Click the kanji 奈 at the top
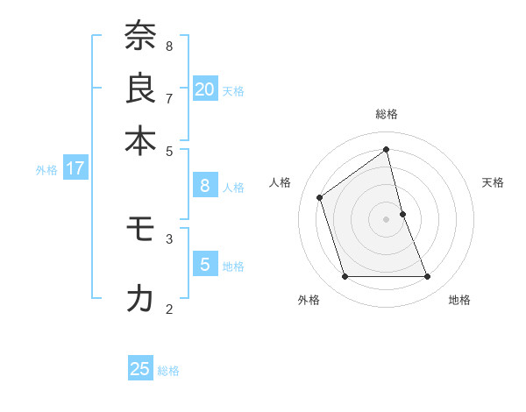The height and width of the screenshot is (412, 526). point(140,37)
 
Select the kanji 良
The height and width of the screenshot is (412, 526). point(140,89)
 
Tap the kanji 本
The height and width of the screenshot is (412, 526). point(140,140)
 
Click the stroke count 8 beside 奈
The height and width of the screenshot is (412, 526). point(169,46)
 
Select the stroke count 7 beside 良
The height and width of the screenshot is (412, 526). point(169,97)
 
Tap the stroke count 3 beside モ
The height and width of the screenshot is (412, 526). point(169,238)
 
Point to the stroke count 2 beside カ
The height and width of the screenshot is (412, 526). point(169,308)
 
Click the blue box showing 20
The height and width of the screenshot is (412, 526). point(204,89)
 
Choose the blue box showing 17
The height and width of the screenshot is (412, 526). point(75,168)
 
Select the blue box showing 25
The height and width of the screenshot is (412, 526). point(140,369)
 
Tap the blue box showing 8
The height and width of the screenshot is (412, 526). point(204,185)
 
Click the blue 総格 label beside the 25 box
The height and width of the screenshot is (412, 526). point(168,371)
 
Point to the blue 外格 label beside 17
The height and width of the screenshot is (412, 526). point(46,170)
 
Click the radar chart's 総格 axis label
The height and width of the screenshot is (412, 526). point(387,114)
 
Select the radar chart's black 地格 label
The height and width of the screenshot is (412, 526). point(459,300)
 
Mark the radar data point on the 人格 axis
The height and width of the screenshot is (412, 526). point(320,197)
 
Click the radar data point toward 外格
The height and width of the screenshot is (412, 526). point(345,277)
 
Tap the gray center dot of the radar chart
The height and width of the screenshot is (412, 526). point(387,219)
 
